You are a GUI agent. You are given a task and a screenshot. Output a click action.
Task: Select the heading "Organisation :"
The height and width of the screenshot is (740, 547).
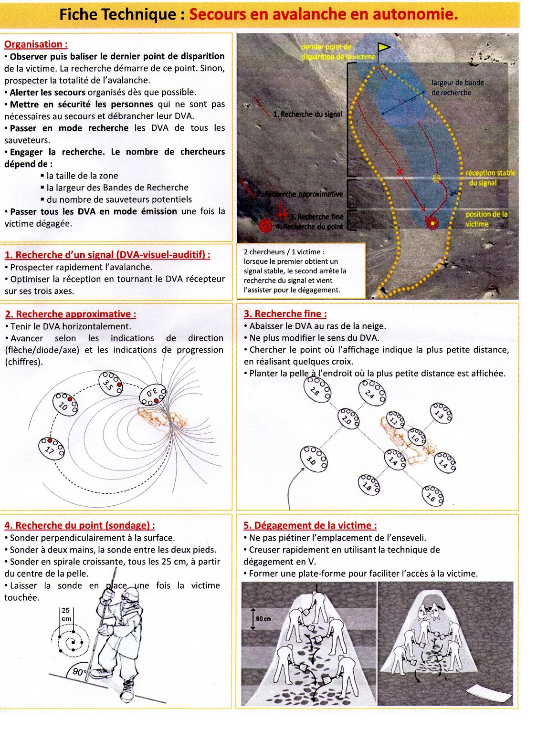tap(36, 44)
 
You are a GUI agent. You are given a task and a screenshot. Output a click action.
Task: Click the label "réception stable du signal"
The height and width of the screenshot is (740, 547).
tap(490, 177)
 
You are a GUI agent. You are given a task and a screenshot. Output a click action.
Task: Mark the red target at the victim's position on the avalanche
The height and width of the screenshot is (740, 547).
tap(432, 223)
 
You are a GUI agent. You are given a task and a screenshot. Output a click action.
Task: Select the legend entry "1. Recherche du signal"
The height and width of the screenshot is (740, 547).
tap(307, 114)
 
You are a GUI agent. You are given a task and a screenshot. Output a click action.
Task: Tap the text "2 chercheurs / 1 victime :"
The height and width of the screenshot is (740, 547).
tap(284, 252)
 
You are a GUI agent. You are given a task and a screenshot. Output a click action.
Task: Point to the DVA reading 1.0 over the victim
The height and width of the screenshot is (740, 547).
tap(417, 437)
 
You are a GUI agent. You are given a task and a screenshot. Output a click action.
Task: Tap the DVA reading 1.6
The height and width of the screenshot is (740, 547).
tap(432, 496)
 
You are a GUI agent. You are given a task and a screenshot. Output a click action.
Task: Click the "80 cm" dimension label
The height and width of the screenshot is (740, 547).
tap(263, 619)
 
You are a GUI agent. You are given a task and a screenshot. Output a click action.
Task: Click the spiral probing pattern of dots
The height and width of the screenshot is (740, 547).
tap(71, 639)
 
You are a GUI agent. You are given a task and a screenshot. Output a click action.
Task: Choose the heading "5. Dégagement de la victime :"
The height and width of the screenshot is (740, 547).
tap(310, 525)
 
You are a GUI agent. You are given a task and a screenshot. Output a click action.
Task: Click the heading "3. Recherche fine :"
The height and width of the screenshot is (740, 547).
tap(285, 314)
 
